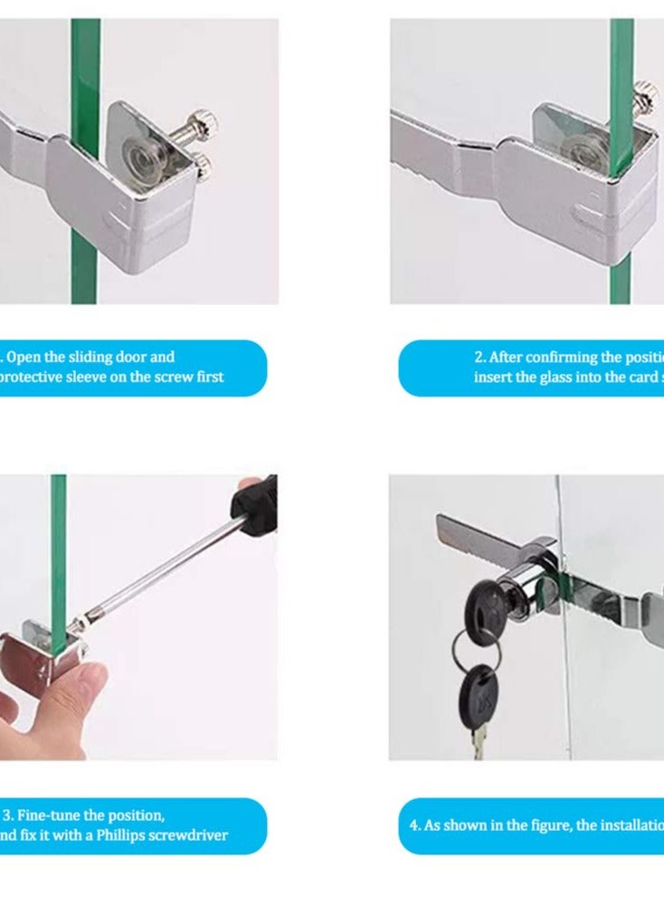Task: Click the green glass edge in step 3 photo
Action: point(58,561)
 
